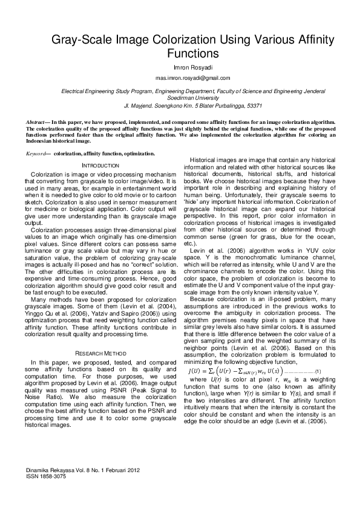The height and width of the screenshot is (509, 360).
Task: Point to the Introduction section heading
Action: (100, 166)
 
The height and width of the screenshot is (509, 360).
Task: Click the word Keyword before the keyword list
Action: (38, 155)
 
